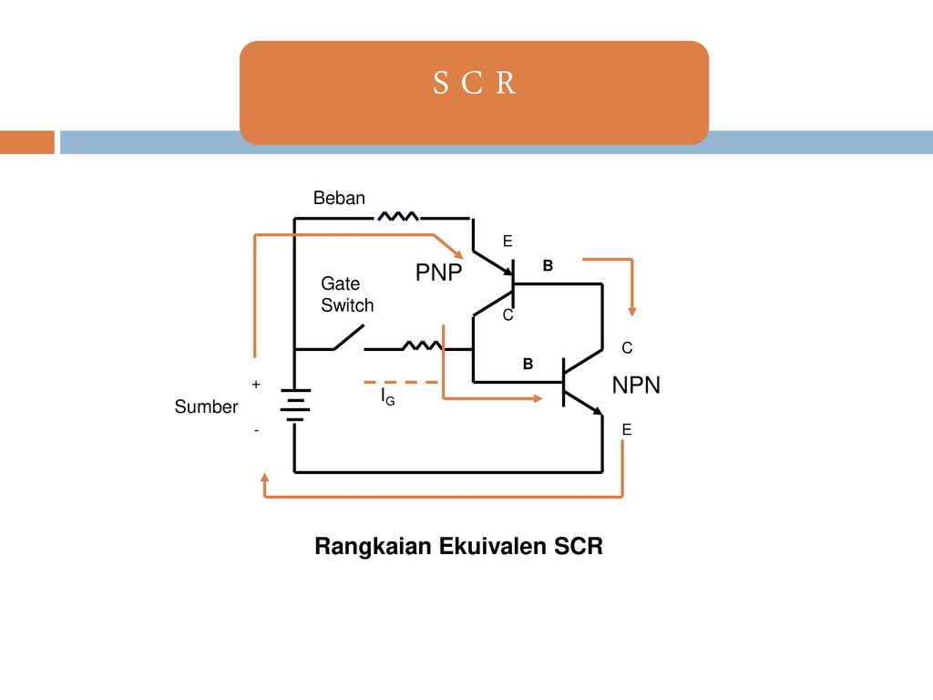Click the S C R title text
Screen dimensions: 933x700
474,83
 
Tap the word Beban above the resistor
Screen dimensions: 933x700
339,198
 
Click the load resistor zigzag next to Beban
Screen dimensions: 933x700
397,216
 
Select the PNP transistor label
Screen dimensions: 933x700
438,272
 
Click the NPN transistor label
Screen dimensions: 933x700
636,386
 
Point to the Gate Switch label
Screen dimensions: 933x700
347,294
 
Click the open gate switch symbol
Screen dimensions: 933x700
349,337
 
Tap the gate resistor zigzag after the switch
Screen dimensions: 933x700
422,345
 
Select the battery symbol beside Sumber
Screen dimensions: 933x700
295,406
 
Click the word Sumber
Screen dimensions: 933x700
206,407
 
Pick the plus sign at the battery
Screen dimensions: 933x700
256,385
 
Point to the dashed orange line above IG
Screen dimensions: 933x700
401,382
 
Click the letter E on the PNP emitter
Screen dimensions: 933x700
508,241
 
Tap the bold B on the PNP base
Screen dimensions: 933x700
548,265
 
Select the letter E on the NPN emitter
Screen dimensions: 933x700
627,430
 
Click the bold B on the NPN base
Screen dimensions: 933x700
528,364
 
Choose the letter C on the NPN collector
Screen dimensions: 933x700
627,347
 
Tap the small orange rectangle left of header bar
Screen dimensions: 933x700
27,142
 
